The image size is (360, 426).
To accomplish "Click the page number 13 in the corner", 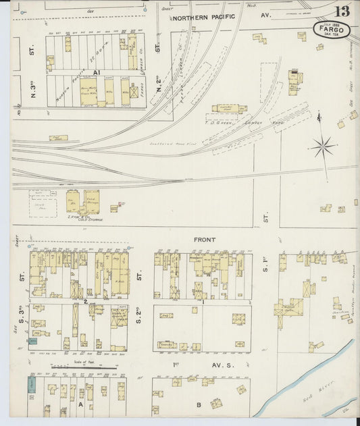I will tap(341, 11).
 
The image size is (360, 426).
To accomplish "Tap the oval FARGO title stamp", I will tap(331, 29).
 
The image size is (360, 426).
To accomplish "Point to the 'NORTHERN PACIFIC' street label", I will tap(203, 17).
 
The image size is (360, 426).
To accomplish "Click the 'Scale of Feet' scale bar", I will tap(84, 365).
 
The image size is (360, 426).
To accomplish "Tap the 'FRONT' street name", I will tap(205, 240).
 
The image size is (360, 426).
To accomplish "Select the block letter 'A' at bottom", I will tap(80, 405).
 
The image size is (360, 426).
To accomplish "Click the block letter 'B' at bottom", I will tap(199, 405).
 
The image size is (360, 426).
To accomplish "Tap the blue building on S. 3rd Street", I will tap(32, 342).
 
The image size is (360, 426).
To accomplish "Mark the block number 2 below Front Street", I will tap(86, 300).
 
